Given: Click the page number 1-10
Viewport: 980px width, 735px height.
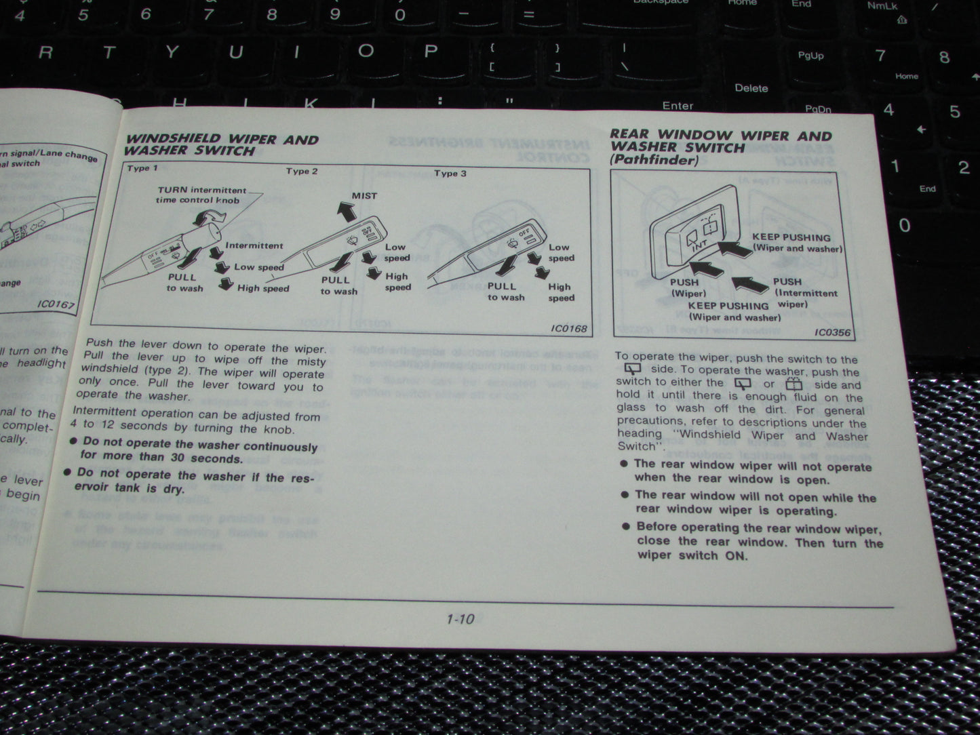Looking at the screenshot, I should pyautogui.click(x=460, y=619).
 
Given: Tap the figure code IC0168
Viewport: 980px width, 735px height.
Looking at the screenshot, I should pyautogui.click(x=568, y=329).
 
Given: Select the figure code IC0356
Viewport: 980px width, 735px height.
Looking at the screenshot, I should pyautogui.click(x=832, y=332).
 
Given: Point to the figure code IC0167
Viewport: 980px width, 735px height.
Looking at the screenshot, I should pyautogui.click(x=56, y=304).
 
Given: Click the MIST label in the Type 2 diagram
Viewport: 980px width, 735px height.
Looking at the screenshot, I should pyautogui.click(x=364, y=196).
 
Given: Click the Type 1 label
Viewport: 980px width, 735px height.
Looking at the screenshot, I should pyautogui.click(x=142, y=168).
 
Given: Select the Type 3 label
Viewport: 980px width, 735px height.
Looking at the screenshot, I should pyautogui.click(x=450, y=174).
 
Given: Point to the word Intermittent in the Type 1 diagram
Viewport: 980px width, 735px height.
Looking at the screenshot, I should pyautogui.click(x=254, y=245).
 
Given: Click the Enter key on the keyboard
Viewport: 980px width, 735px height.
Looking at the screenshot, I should pyautogui.click(x=678, y=106).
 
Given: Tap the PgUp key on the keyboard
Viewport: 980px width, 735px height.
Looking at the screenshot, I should pyautogui.click(x=810, y=56).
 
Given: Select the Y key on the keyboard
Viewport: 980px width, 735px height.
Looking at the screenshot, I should pyautogui.click(x=172, y=53).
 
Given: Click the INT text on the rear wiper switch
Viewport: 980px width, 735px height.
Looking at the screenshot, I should pyautogui.click(x=698, y=246).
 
